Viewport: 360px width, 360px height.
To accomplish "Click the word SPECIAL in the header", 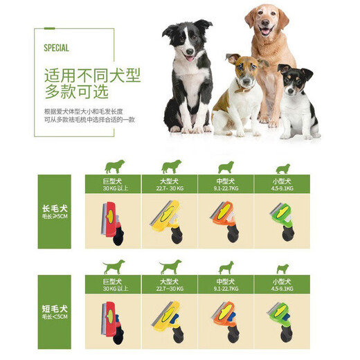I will (x=56, y=48).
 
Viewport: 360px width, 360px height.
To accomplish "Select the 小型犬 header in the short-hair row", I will (x=282, y=281).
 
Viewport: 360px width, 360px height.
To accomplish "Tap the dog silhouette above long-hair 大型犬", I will (x=170, y=166).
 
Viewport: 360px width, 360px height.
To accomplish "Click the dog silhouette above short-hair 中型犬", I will (x=226, y=267).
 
